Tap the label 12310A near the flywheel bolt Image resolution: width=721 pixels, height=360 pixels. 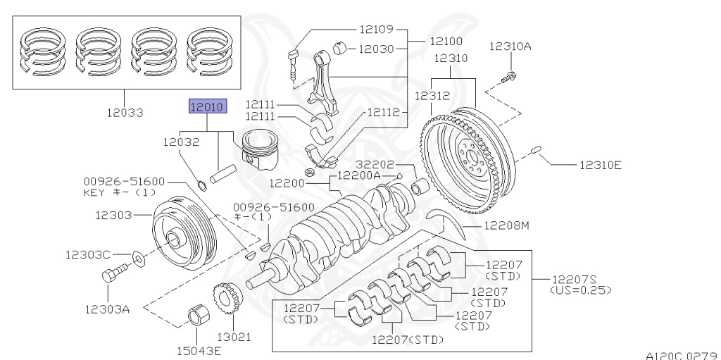click(510, 46)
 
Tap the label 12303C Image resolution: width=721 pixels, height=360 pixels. click(88, 254)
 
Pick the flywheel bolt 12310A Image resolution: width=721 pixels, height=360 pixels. click(509, 72)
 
